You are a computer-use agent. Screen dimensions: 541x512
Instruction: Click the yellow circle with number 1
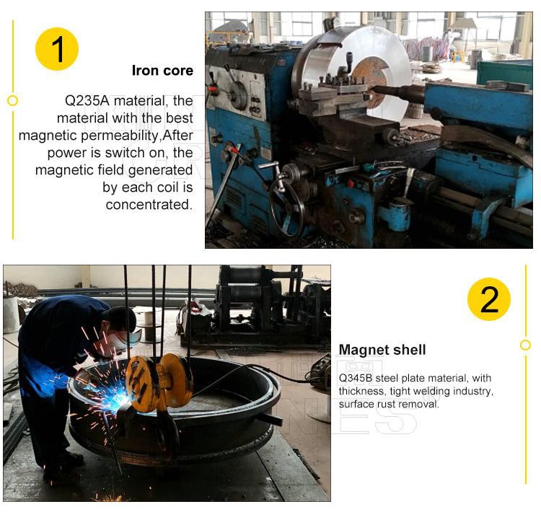click(x=57, y=49)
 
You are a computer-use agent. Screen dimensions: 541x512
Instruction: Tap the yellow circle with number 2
click(x=489, y=299)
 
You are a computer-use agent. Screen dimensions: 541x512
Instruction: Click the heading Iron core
click(x=162, y=71)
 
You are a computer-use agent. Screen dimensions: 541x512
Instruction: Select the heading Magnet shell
click(x=382, y=350)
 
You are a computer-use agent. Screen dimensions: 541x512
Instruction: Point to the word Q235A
click(x=87, y=101)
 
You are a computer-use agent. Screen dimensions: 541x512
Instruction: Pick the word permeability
click(x=120, y=136)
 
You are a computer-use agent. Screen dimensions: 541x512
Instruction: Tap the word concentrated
click(x=149, y=205)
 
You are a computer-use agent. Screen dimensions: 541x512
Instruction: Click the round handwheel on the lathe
click(x=286, y=208)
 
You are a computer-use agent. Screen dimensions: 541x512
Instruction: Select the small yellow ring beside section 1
click(x=13, y=101)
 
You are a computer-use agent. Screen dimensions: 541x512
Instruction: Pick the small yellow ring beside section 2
click(x=525, y=345)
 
